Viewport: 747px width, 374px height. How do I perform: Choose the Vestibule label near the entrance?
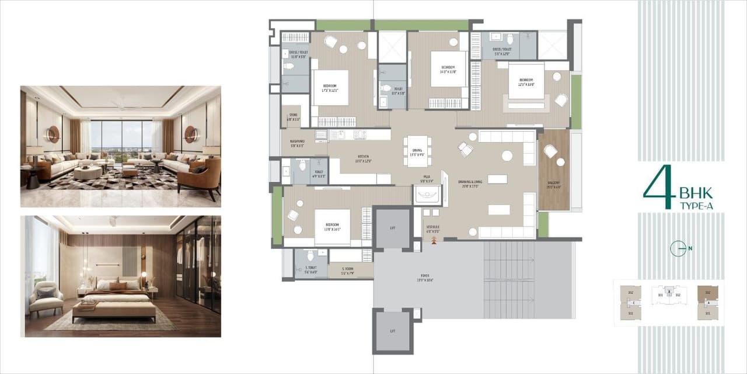pyautogui.click(x=432, y=228)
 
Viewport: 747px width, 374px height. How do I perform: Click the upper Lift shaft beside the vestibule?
pyautogui.click(x=393, y=227)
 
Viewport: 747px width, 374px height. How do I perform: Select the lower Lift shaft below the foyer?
pyautogui.click(x=393, y=331)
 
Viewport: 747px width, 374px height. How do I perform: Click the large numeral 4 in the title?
pyautogui.click(x=658, y=188)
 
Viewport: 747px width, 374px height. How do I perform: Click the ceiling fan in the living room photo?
pyautogui.click(x=121, y=106)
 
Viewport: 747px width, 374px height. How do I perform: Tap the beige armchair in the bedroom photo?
pyautogui.click(x=46, y=297)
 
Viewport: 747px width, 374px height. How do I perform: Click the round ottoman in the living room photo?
pyautogui.click(x=88, y=173)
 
